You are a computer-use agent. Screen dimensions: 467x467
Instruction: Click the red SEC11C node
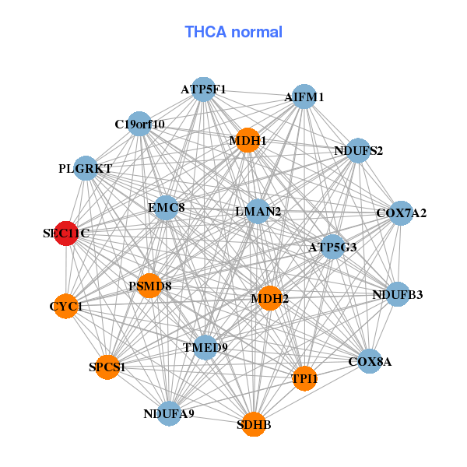pos(66,233)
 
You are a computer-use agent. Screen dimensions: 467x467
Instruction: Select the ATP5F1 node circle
pos(203,90)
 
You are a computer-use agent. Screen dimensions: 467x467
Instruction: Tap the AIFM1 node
pos(304,97)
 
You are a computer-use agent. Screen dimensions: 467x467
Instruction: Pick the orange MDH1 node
pos(248,140)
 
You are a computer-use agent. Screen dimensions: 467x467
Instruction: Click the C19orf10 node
pos(139,124)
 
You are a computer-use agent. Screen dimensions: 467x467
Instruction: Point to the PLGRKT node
pos(86,168)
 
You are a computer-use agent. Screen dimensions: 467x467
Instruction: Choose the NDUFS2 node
pos(358,151)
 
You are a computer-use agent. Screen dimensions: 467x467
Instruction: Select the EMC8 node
pos(167,208)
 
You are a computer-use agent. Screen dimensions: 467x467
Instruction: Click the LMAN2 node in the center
pos(258,212)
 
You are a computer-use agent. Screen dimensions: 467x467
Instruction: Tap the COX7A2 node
pos(401,213)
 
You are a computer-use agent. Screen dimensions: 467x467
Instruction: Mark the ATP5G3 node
pos(332,247)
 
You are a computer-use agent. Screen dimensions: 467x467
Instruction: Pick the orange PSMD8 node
pos(149,286)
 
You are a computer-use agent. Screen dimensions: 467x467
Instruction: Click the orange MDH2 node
pos(270,298)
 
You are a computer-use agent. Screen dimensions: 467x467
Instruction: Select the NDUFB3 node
pos(398,294)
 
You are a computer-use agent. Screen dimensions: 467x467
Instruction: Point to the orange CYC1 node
pos(66,306)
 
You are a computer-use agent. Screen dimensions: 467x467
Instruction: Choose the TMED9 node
pos(205,347)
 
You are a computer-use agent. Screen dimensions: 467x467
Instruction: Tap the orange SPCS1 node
pos(107,367)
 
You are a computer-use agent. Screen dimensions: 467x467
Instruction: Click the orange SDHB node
pos(254,424)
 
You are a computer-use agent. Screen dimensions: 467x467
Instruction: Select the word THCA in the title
pos(205,32)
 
